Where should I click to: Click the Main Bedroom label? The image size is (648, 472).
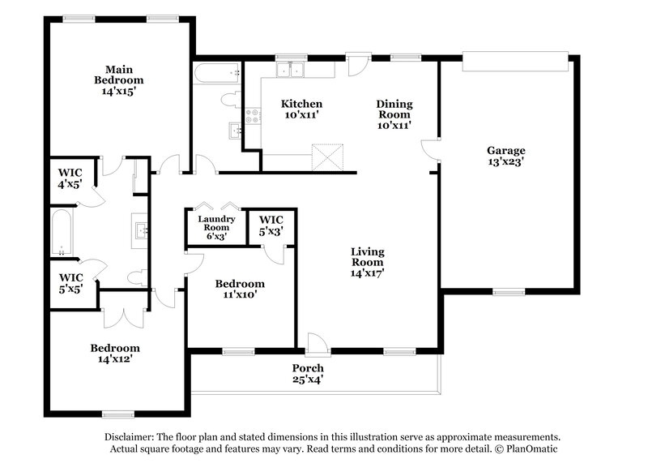[118, 75]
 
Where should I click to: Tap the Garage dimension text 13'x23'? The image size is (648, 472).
[505, 161]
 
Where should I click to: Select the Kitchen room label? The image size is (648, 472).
[301, 104]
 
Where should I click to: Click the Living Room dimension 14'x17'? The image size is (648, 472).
[366, 273]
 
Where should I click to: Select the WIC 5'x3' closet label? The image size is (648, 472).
[271, 225]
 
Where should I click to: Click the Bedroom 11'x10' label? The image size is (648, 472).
[239, 290]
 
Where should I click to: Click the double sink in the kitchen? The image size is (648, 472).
[288, 70]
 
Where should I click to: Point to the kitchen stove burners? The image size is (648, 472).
[251, 121]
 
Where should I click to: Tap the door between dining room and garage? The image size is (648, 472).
[431, 152]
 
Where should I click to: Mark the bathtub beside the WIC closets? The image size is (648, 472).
[62, 233]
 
